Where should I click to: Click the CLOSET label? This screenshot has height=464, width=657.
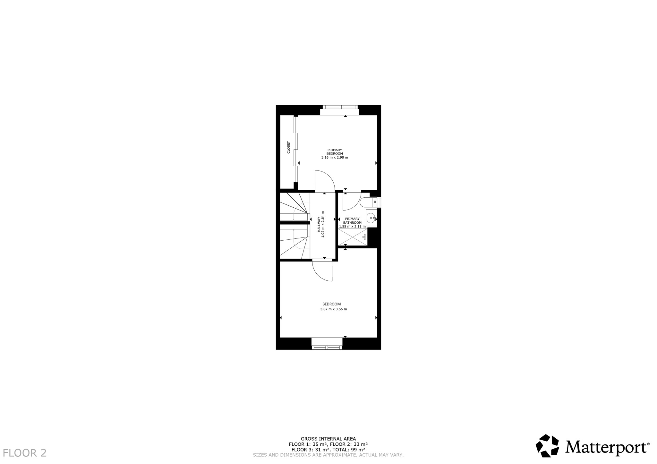tap(288, 147)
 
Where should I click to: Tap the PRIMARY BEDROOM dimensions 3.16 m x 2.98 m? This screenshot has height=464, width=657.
tap(335, 157)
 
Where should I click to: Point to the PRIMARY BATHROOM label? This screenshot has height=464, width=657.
tap(352, 221)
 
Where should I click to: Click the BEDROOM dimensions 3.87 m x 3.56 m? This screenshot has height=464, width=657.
tap(334, 309)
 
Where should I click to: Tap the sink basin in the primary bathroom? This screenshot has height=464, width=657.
tap(371, 218)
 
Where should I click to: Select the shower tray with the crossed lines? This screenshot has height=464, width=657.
tap(353, 237)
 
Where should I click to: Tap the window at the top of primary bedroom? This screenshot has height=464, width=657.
tap(339, 110)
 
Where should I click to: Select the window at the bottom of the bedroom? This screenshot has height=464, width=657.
tap(327, 344)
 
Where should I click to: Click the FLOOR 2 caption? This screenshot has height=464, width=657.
tap(25, 453)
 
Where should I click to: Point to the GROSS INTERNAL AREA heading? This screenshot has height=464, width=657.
tap(328, 439)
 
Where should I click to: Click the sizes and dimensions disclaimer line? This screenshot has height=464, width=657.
tap(328, 455)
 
